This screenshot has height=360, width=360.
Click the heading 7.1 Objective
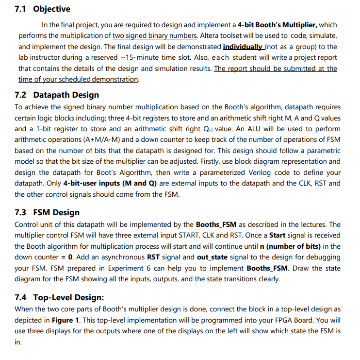tap(43, 9)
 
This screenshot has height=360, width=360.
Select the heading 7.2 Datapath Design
tap(57, 95)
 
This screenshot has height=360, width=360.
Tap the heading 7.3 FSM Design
tap(47, 212)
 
